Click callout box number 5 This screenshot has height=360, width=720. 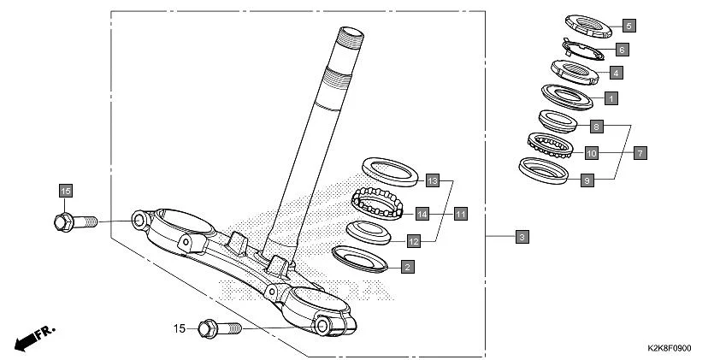(629, 26)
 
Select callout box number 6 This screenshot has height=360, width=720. (622, 50)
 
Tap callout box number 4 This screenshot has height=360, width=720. (616, 73)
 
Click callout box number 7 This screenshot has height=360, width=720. (640, 153)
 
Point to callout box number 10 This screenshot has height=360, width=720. (591, 153)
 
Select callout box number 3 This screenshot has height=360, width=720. (522, 235)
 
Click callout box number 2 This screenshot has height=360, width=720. (407, 267)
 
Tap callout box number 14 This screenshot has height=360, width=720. (422, 213)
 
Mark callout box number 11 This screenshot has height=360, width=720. (461, 213)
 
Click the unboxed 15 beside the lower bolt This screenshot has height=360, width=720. (180, 328)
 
